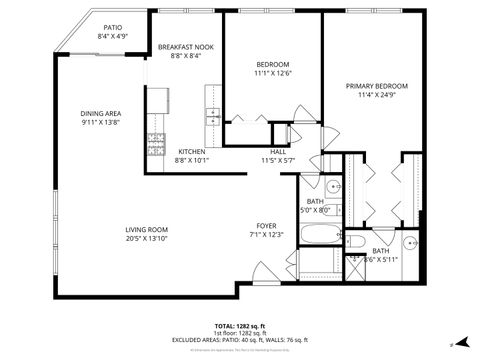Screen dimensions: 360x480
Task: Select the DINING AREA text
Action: [101, 113]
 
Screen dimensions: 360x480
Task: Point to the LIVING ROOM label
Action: [147, 229]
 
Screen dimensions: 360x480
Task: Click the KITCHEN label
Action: [192, 151]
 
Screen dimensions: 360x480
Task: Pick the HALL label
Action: [277, 151]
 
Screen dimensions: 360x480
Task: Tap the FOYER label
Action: [266, 225]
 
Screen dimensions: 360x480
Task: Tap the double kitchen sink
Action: [213, 117]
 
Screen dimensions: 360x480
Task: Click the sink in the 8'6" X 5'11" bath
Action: [411, 243]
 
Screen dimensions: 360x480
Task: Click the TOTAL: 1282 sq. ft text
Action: [239, 325]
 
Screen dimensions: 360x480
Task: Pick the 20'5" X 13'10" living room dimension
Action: [147, 238]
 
